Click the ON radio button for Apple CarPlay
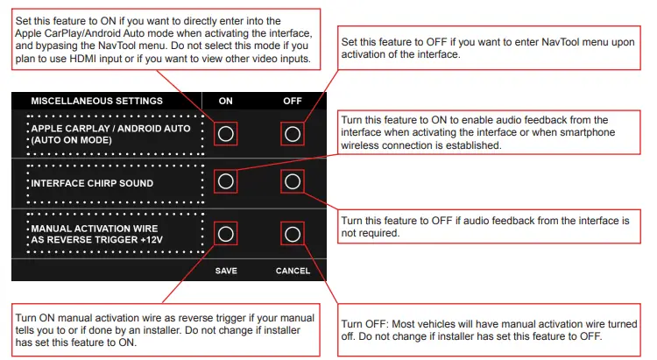pos(225,134)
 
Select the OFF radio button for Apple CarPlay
pos(293,134)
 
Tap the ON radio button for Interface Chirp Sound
pos(225,181)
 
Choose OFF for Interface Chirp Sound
pos(293,181)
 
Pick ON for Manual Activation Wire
pos(225,234)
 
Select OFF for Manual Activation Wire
pos(293,234)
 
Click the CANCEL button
pos(293,271)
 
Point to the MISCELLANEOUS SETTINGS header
pos(96,101)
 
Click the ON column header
pos(225,101)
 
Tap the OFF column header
pos(293,101)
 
